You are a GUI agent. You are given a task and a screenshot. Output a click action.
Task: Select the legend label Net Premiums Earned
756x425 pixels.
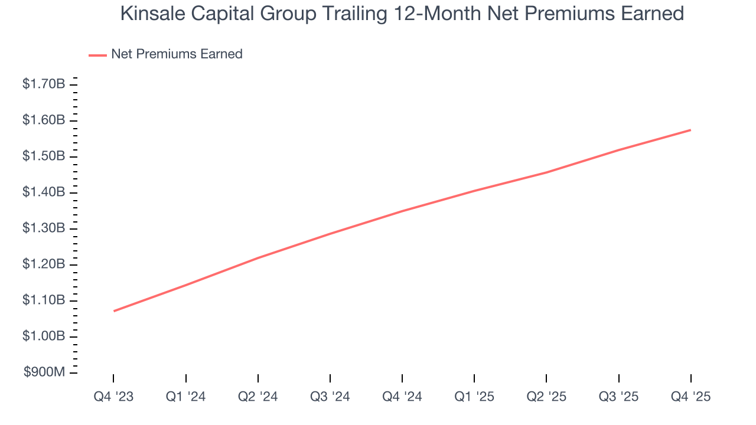[x=177, y=54]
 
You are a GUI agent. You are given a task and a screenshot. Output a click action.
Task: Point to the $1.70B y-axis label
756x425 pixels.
[x=44, y=84]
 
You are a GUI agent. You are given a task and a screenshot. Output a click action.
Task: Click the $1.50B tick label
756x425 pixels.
[x=44, y=156]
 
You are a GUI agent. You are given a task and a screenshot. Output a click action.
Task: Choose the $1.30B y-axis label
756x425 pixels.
[x=44, y=228]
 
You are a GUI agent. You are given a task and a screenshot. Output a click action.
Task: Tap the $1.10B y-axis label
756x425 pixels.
[x=44, y=300]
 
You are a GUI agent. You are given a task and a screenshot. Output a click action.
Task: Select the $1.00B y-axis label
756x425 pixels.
[x=44, y=336]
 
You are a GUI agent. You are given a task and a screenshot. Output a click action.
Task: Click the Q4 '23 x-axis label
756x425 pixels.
[x=113, y=397]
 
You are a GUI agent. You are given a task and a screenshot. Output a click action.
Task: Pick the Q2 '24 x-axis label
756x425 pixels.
[x=258, y=397]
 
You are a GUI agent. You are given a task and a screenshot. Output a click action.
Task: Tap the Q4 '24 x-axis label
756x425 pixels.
[x=402, y=397]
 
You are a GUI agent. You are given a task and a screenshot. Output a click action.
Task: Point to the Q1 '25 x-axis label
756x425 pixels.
[x=474, y=397]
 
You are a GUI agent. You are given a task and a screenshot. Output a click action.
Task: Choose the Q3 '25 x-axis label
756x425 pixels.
[x=618, y=397]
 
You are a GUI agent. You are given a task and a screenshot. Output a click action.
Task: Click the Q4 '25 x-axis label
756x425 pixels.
[x=690, y=397]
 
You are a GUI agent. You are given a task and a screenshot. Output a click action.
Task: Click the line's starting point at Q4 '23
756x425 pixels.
[x=113, y=311]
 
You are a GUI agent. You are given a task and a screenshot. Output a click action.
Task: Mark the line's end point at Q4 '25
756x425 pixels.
[x=690, y=130]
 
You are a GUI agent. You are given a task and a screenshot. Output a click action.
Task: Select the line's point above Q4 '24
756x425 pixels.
[x=402, y=211]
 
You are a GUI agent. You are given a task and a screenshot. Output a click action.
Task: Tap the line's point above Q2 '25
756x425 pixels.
[x=546, y=172]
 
